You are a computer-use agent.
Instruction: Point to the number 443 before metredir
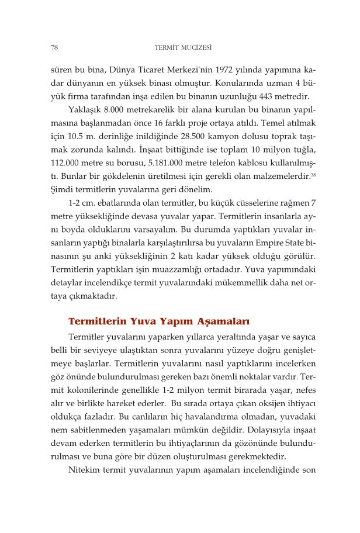(265, 96)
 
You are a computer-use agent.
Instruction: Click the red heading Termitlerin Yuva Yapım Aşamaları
(159, 321)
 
